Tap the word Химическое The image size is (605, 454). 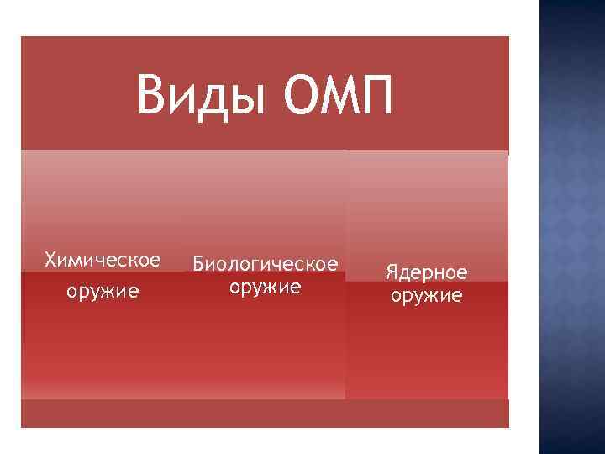(103, 259)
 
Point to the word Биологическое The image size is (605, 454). (266, 264)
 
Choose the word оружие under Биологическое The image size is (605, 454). (266, 288)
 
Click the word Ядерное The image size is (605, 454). (426, 272)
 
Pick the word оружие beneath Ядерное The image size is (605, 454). (426, 296)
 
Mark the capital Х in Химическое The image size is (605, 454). (50, 259)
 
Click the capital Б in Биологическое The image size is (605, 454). (199, 264)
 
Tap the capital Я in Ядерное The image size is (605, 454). (392, 272)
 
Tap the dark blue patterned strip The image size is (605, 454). (571, 227)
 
